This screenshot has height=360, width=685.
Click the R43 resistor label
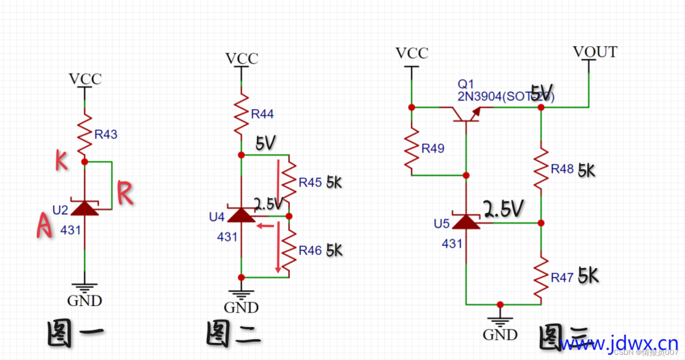106,134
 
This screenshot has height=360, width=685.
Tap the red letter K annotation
62,162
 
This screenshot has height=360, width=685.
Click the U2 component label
60,210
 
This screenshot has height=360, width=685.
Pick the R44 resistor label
262,114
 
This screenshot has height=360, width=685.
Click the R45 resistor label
311,183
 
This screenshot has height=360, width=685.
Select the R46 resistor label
310,250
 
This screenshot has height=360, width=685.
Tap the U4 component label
217,217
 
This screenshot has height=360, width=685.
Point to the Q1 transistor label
466,84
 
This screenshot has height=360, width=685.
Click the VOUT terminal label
594,52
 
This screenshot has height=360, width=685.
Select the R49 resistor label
433,148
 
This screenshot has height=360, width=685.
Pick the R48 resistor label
562,169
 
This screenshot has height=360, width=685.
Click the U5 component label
442,224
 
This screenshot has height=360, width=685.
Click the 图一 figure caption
75,335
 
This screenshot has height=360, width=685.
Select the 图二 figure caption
233,334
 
